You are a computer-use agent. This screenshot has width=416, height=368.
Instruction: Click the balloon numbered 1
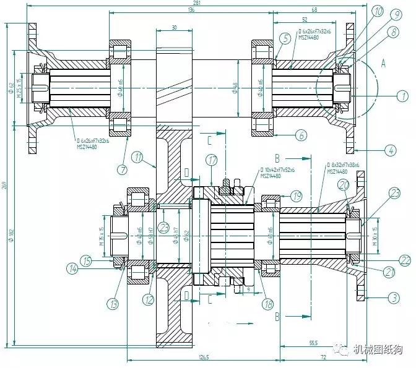[x=403, y=96]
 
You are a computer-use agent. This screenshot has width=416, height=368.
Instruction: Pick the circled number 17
[x=212, y=160]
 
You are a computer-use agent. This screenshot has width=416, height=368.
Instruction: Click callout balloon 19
[x=296, y=196]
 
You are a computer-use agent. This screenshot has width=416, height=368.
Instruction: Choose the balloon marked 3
[x=394, y=298]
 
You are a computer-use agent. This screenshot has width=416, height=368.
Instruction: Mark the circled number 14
[x=72, y=268]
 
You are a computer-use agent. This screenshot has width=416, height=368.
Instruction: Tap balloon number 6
[x=300, y=134]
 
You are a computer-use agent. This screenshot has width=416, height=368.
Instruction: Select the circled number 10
[x=378, y=11]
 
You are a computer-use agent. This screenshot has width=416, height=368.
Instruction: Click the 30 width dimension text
[x=174, y=27]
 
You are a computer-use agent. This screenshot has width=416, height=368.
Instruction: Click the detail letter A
[x=383, y=62]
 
